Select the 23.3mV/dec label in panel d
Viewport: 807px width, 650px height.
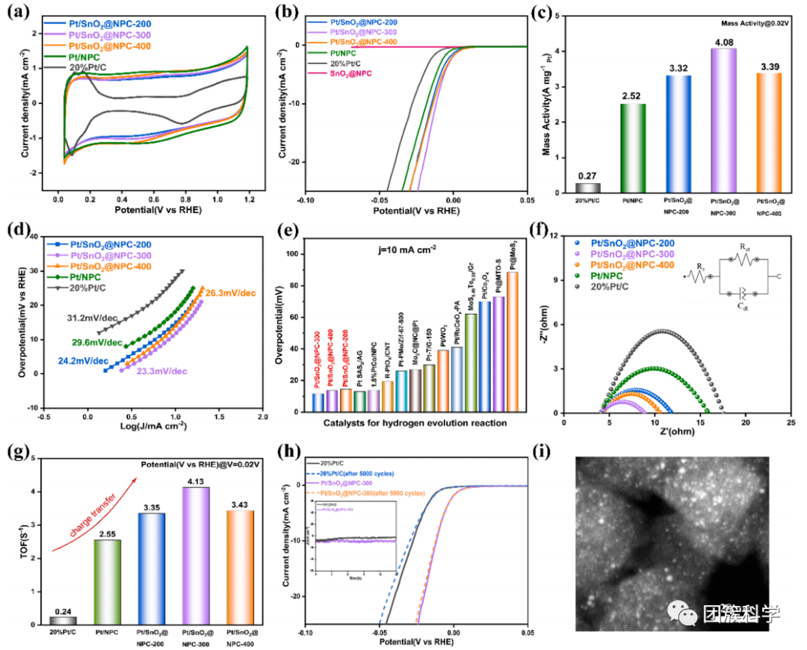pyautogui.click(x=161, y=371)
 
